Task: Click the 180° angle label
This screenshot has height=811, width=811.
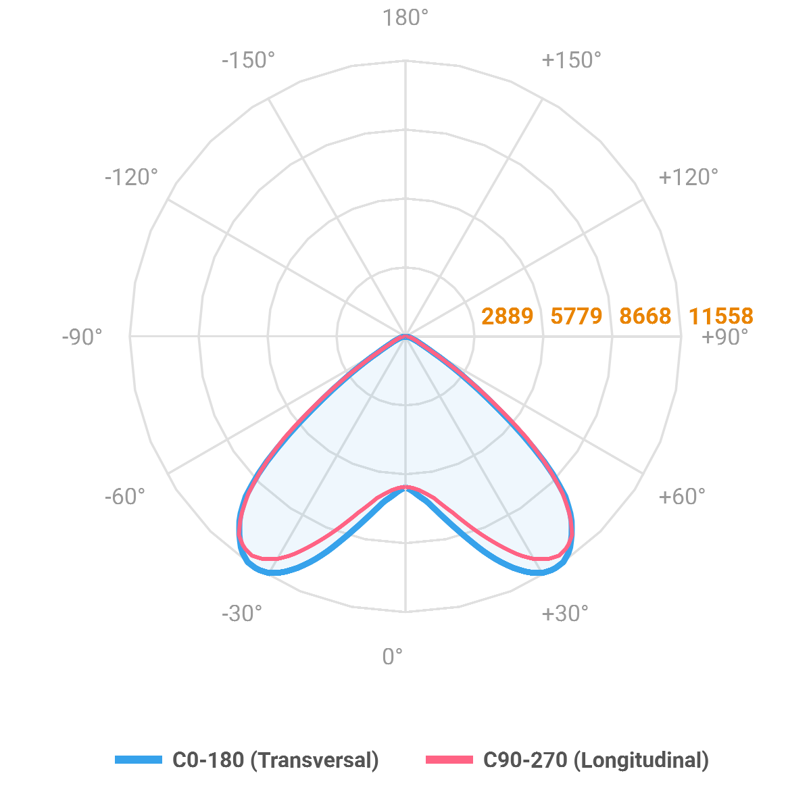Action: pos(405,18)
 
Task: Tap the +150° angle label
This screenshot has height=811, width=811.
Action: pos(571,60)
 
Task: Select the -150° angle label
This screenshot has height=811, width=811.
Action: pos(248,60)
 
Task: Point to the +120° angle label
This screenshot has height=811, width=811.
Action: pos(688,177)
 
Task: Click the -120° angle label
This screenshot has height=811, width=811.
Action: pos(131,177)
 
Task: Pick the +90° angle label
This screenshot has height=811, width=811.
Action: pos(725,337)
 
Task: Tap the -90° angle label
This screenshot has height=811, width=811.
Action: pos(82,337)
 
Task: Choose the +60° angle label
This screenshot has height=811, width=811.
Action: pos(681,497)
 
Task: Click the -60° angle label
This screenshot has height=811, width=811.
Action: pos(125,497)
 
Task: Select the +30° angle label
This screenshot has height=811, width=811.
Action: pos(564,614)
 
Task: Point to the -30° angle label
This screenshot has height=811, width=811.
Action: pos(241,614)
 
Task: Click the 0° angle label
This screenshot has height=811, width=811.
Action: pos(393,656)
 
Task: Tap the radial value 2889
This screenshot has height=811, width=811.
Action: pos(507,316)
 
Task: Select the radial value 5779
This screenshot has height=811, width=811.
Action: pos(576,316)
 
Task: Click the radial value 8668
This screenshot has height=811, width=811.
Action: pos(645,316)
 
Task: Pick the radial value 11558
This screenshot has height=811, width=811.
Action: pos(720,316)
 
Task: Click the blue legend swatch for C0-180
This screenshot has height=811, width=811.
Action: pos(139,760)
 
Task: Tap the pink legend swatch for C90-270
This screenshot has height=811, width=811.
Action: pos(449,760)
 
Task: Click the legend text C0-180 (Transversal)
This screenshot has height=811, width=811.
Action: pos(276,760)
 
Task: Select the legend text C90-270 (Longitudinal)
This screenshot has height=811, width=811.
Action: pos(596,760)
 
